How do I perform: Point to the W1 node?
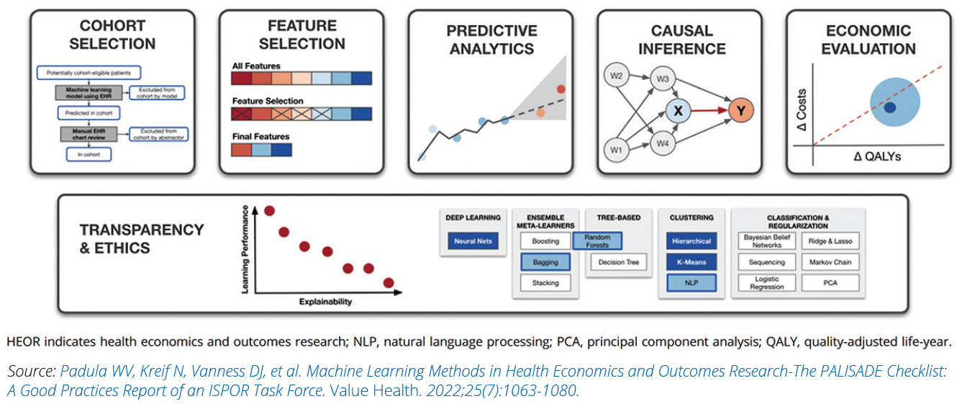tap(614, 150)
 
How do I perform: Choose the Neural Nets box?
tap(473, 241)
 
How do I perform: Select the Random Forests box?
tap(596, 241)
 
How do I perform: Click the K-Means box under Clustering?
tap(690, 262)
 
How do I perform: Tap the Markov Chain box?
tap(830, 262)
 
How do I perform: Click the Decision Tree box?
tap(618, 262)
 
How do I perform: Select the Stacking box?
tap(545, 283)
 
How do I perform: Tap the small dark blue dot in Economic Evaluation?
tap(889, 108)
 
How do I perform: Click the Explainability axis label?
tap(325, 302)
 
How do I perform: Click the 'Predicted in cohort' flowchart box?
tap(89, 113)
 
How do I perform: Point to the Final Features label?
tap(260, 136)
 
